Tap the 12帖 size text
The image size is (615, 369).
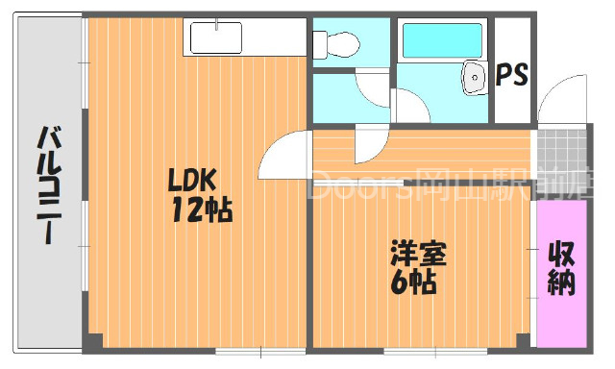201,209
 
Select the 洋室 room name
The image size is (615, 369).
418,255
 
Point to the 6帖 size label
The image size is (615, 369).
414,283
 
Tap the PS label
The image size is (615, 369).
511,76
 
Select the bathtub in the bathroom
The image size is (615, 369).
443,42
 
